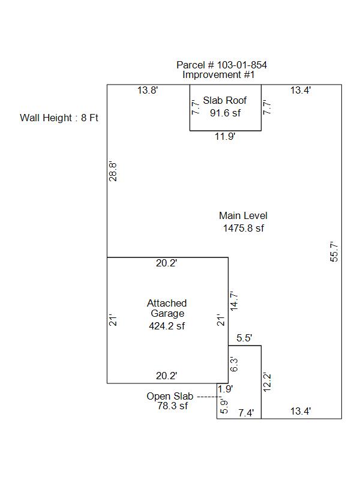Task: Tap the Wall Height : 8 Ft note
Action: (x=59, y=118)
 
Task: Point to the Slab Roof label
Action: (x=225, y=100)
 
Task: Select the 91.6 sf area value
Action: (x=225, y=112)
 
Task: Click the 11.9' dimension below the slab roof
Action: (x=225, y=136)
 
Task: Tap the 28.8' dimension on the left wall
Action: (x=112, y=172)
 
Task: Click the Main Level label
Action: (x=243, y=216)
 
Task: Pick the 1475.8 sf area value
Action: (x=243, y=228)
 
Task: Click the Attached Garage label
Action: (x=167, y=308)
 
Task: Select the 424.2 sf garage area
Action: (x=167, y=326)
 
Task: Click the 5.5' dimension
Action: (x=244, y=338)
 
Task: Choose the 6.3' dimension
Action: (x=234, y=364)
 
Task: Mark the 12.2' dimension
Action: (x=268, y=383)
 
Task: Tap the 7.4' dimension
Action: (x=246, y=412)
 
